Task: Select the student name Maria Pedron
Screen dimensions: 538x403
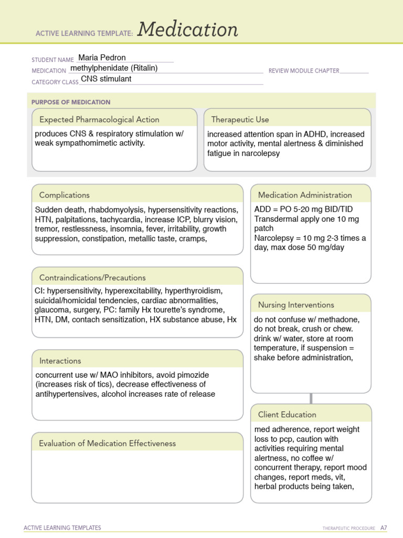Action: point(102,58)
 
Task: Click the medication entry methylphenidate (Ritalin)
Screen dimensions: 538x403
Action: point(114,68)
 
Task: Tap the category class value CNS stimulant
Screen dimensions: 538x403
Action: point(106,79)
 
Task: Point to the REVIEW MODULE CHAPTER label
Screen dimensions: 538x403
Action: point(304,71)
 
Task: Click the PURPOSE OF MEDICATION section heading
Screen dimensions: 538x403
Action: point(71,102)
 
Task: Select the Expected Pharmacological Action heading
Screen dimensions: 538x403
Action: point(99,119)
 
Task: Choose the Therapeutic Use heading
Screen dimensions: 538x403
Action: point(240,119)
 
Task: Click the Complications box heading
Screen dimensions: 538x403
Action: point(65,195)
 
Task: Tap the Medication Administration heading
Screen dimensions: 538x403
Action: point(305,195)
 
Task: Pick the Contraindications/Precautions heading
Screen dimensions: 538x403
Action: point(92,277)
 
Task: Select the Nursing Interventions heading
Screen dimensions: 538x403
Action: point(296,305)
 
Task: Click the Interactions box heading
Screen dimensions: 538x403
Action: point(60,360)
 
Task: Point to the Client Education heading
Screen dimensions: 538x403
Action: point(287,415)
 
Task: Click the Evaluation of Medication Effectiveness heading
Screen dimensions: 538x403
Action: point(108,443)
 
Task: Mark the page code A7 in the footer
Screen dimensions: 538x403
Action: point(384,527)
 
